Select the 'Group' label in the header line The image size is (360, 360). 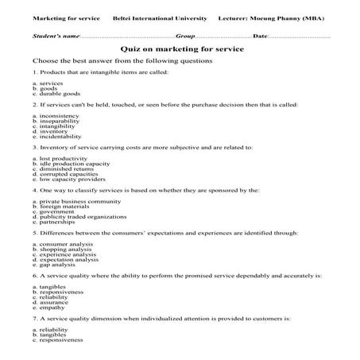[x=185, y=36]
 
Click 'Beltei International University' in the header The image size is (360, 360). [x=160, y=17]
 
